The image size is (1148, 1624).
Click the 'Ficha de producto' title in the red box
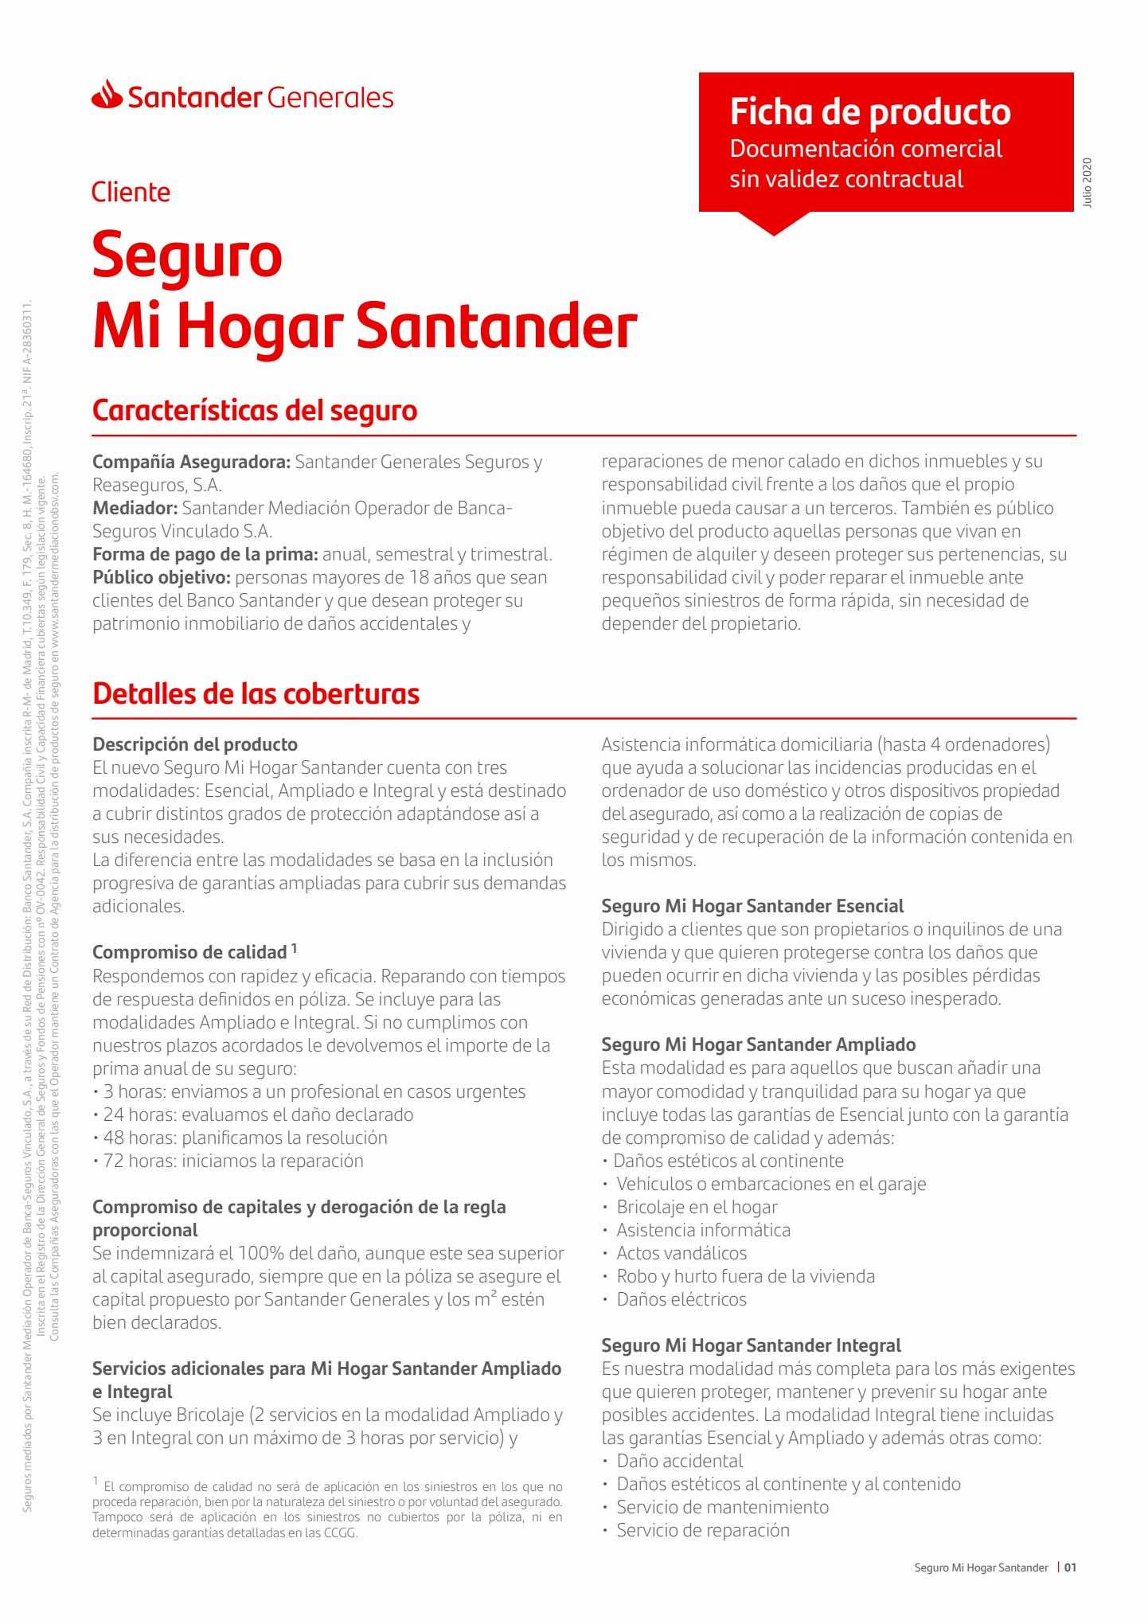870,111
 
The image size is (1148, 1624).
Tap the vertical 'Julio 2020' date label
1088,184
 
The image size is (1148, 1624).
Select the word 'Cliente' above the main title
131,192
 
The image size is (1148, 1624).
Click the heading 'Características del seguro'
255,411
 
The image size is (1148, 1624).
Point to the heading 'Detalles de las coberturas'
256,693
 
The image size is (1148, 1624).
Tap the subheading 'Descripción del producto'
195,744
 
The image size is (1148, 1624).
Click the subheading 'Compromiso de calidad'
189,952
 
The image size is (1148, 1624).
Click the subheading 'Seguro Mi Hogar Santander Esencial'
752,906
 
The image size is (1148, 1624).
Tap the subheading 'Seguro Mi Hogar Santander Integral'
751,1345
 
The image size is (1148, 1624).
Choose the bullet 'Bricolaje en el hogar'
697,1207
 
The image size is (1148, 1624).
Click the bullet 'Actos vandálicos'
681,1253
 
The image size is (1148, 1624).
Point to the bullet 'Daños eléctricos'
681,1299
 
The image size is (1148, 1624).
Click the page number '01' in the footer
1070,1567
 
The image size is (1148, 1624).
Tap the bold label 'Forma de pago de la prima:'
205,554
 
